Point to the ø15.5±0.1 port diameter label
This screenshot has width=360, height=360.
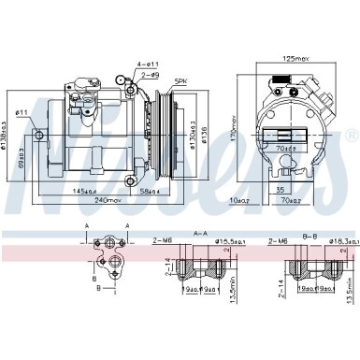tap(236, 242)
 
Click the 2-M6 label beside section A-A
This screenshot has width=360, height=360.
tap(162, 242)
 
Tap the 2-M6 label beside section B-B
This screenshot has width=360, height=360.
tap(277, 242)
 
